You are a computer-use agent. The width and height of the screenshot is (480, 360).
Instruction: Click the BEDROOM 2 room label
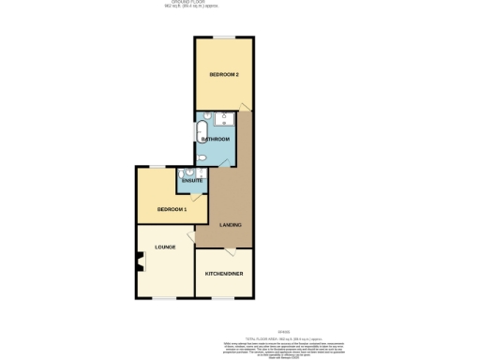tap(223, 74)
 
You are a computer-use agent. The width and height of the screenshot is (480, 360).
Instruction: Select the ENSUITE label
tap(192, 180)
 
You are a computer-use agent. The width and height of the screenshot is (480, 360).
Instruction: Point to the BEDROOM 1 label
tap(172, 208)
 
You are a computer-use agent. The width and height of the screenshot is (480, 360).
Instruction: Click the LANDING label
tap(231, 225)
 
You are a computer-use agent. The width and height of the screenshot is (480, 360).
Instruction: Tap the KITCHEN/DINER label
tap(224, 274)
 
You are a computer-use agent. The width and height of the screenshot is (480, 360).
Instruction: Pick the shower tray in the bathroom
tap(225, 120)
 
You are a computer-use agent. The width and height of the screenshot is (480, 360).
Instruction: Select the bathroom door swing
tap(227, 161)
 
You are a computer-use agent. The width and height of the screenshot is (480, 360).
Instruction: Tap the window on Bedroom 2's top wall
tap(223, 37)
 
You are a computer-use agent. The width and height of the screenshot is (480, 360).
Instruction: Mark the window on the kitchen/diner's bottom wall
tap(224, 299)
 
